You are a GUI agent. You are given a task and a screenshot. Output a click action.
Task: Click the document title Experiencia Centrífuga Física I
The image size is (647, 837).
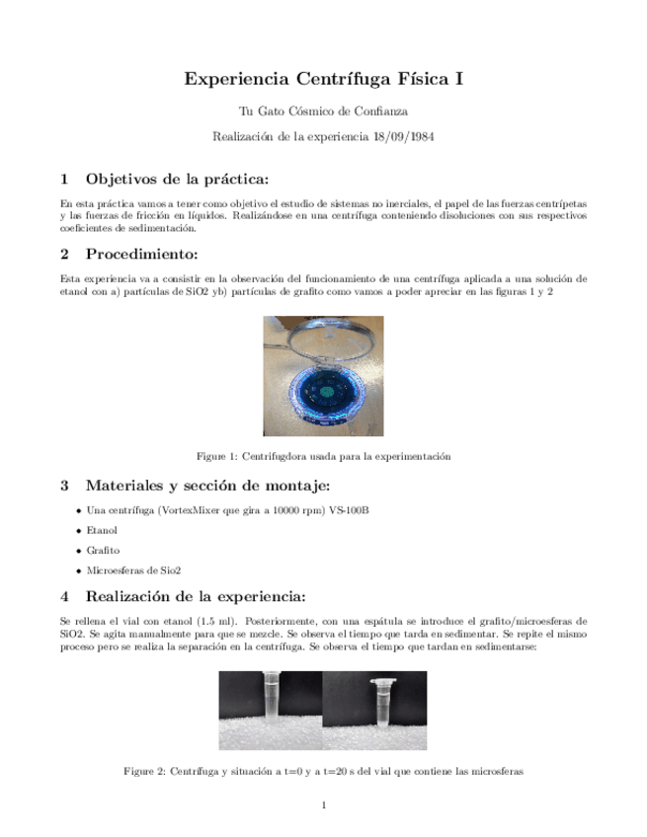coord(323,79)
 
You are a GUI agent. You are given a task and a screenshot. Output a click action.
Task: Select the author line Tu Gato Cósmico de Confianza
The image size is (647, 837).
coord(323,112)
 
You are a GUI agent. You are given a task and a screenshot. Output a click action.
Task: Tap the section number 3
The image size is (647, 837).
coord(64,485)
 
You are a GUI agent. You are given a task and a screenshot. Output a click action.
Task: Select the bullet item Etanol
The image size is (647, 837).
coord(102,530)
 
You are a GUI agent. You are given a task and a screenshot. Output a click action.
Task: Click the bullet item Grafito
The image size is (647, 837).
coord(103,550)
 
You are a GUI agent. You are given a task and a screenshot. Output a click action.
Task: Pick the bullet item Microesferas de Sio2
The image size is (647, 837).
coord(133,571)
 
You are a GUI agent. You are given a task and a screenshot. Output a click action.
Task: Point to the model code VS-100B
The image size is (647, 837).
coord(352,509)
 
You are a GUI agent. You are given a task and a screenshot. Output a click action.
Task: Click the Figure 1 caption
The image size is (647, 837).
coord(323,457)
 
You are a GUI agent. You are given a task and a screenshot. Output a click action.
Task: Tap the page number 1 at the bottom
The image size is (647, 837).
coord(323,805)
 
